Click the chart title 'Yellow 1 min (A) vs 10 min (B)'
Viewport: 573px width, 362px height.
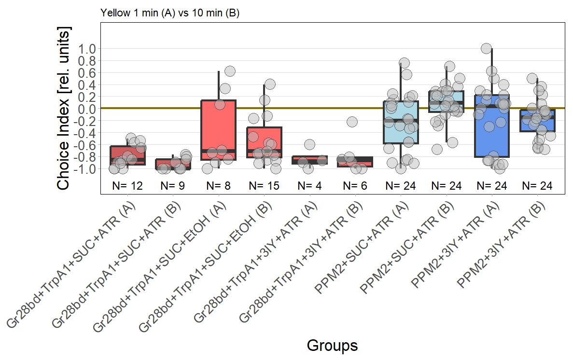[x=170, y=13]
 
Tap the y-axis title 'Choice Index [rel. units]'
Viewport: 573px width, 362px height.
[x=65, y=108]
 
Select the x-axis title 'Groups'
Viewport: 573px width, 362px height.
[x=332, y=346]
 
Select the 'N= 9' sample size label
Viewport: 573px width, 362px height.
[x=173, y=186]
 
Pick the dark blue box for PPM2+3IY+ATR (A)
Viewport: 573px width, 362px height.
[x=491, y=125]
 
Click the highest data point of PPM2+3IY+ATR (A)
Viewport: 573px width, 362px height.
[x=487, y=48]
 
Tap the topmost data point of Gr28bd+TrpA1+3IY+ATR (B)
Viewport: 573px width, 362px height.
[x=352, y=122]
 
